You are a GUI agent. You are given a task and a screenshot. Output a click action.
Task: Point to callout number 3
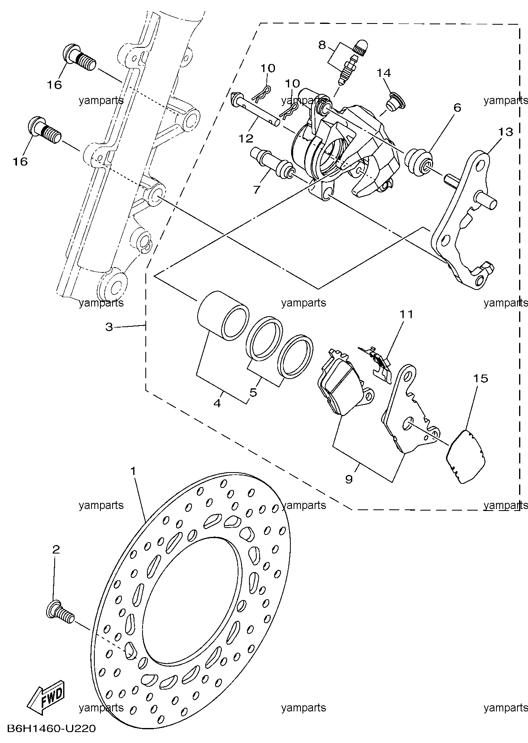tap(109, 327)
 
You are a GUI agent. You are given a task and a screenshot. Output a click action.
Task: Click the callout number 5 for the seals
tap(253, 392)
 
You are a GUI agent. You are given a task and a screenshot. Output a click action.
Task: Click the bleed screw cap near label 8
tap(360, 46)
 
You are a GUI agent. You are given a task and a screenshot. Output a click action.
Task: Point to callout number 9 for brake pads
tap(349, 479)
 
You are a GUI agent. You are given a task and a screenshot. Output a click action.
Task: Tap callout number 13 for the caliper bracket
tap(505, 132)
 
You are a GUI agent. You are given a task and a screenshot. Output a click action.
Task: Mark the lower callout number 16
tap(20, 162)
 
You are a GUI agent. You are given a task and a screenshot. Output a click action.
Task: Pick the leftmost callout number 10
tap(268, 68)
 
